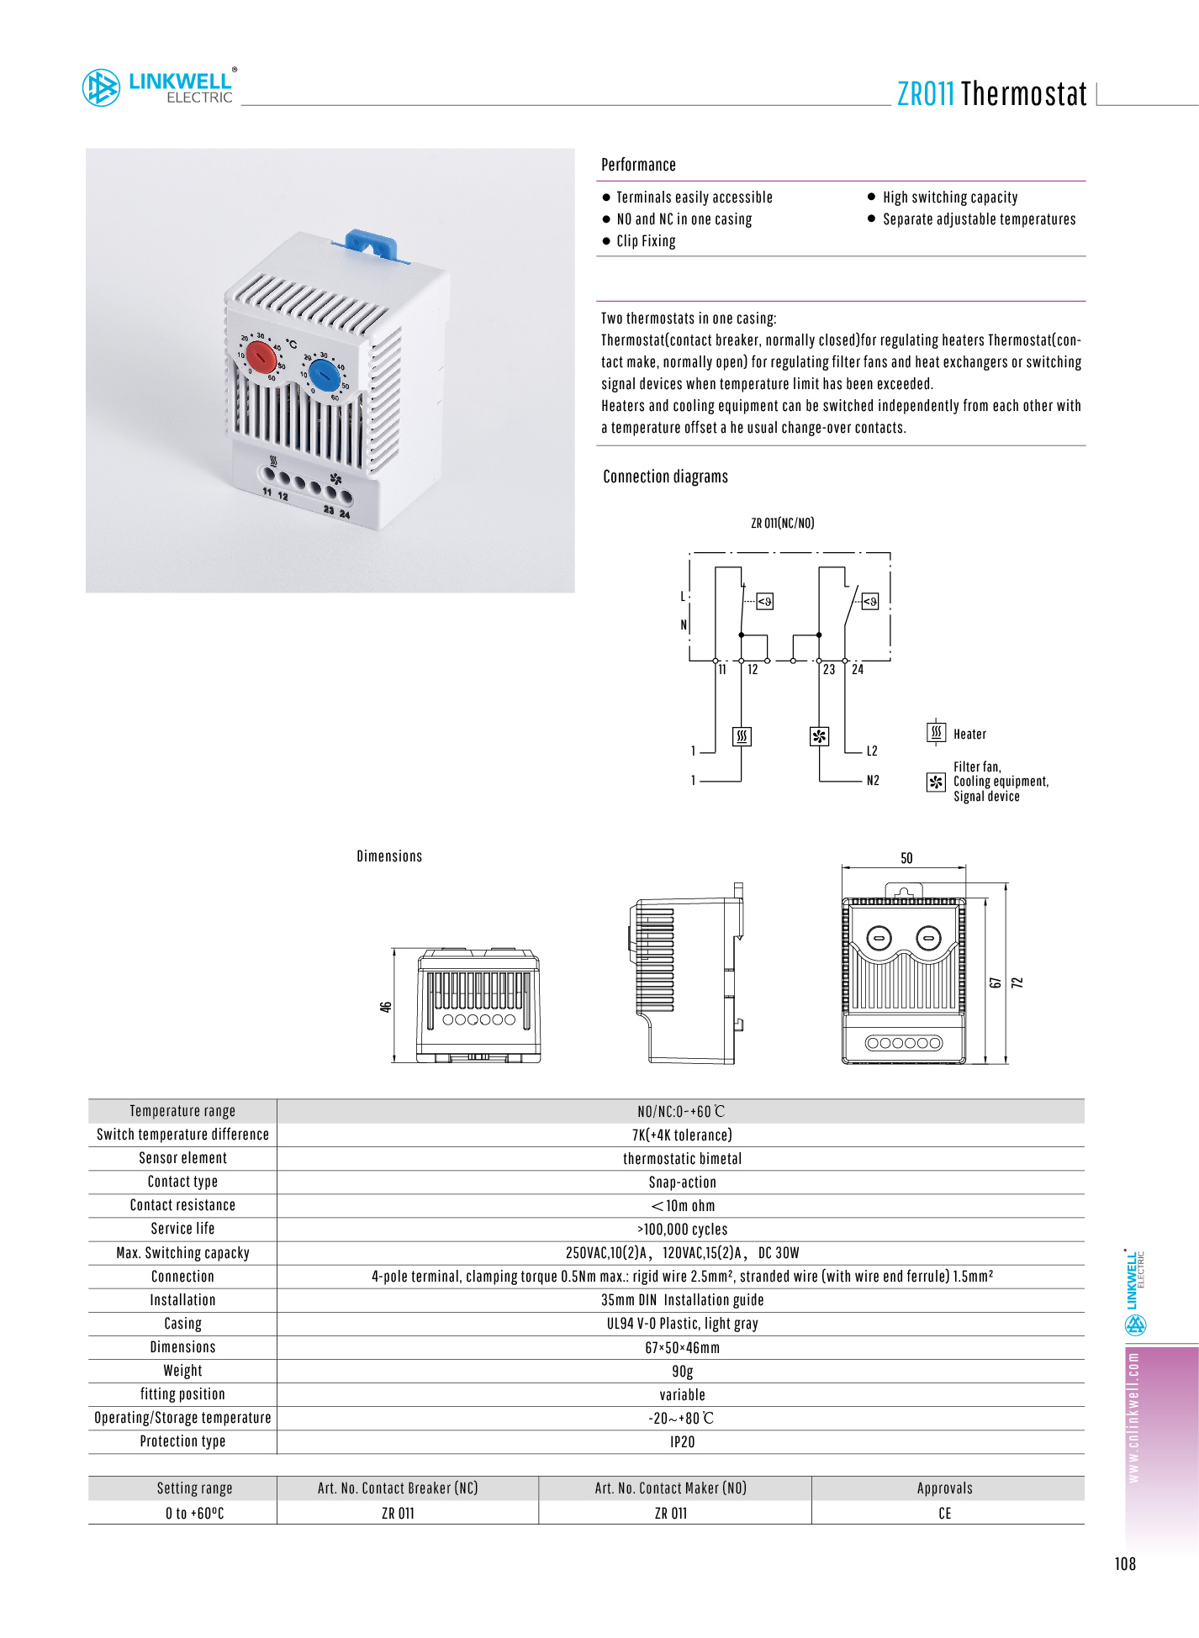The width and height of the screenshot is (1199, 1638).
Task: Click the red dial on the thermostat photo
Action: click(x=261, y=358)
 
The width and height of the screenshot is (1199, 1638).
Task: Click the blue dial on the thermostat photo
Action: click(x=324, y=371)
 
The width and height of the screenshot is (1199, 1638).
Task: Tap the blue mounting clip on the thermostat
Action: click(x=371, y=243)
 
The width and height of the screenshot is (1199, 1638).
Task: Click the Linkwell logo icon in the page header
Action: click(x=101, y=88)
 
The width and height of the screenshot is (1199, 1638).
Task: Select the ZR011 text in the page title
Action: click(x=925, y=94)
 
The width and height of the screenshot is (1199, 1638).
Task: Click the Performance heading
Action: click(x=638, y=165)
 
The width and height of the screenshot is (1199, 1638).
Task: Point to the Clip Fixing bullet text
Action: click(x=646, y=241)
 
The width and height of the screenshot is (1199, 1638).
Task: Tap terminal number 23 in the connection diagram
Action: click(x=829, y=670)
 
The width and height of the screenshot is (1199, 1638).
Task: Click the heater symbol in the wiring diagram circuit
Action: click(x=742, y=736)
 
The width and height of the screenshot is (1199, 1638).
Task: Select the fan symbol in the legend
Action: click(x=936, y=782)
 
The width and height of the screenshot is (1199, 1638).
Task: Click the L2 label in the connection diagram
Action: click(x=872, y=751)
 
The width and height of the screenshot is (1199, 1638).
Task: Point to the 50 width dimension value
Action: click(x=906, y=858)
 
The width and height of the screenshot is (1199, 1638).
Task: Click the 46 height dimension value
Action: click(x=386, y=1007)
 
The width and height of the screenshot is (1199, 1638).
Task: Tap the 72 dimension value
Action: click(x=1017, y=982)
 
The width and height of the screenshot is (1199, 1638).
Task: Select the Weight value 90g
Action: click(x=682, y=1372)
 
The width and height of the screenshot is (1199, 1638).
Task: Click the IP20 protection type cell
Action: click(x=682, y=1442)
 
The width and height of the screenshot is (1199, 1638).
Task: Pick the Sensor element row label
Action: click(x=182, y=1158)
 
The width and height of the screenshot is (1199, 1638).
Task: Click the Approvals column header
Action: click(x=944, y=1488)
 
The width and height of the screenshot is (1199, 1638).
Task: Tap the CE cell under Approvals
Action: click(x=944, y=1514)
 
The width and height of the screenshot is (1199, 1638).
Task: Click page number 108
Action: click(x=1125, y=1564)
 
